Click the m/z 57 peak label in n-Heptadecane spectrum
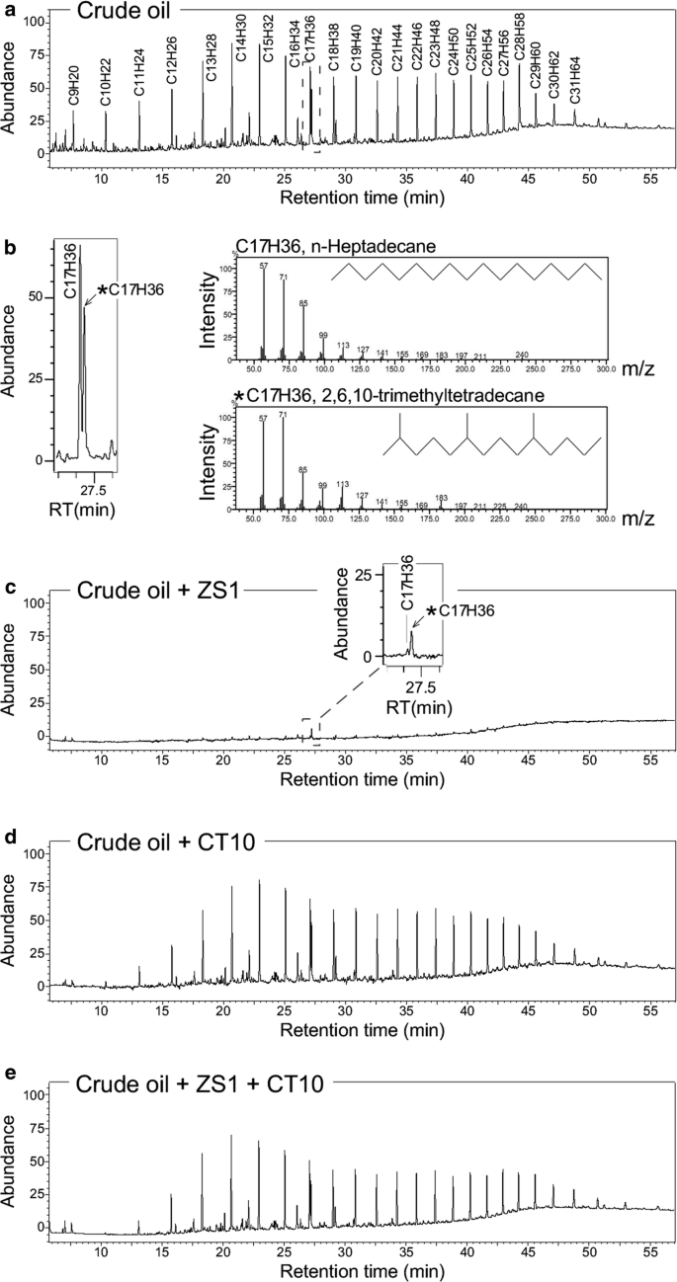coord(264,263)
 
